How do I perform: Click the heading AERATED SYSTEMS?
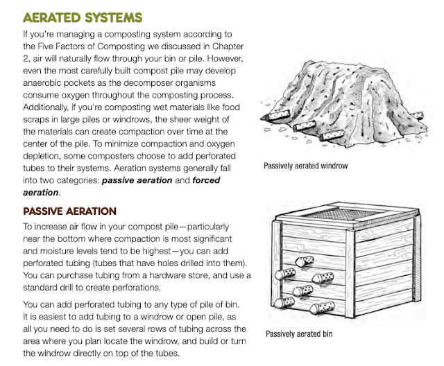click(92, 17)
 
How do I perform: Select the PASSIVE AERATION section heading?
click(70, 211)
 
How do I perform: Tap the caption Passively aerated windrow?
click(305, 166)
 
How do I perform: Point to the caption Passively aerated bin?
click(299, 333)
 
